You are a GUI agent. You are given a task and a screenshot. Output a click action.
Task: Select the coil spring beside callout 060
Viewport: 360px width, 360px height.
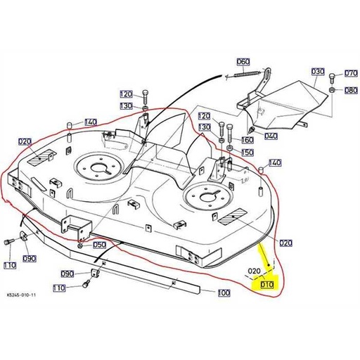click(246, 73)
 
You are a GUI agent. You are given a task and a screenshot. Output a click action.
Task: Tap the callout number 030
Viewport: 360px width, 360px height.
click(317, 72)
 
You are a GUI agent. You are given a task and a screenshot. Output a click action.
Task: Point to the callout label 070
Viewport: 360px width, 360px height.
click(351, 74)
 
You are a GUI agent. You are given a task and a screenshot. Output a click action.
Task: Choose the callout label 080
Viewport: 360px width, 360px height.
click(351, 90)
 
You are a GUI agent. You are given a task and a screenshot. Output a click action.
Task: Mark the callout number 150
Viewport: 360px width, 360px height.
click(247, 153)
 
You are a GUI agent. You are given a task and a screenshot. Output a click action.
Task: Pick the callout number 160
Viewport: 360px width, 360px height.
click(247, 140)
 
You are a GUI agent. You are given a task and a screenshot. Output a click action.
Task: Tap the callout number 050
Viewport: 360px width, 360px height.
click(99, 245)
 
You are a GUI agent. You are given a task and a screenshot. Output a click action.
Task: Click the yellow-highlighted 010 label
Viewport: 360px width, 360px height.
click(266, 285)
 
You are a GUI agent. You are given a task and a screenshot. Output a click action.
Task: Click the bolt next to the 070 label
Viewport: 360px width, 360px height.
click(333, 75)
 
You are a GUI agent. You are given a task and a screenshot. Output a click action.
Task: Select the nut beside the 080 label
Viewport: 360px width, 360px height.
click(331, 90)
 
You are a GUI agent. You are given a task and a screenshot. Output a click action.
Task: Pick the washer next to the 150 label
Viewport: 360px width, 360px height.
click(230, 150)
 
